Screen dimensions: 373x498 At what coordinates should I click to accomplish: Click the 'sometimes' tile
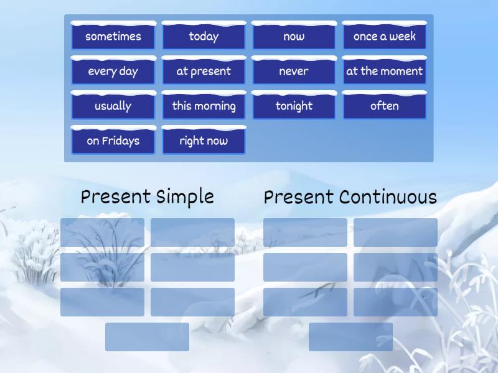[x=113, y=36]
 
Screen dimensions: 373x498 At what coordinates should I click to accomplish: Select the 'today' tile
[x=204, y=36]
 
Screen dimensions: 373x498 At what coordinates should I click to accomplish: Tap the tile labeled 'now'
[x=294, y=36]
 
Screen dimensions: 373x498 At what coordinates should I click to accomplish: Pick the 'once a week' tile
[x=384, y=36]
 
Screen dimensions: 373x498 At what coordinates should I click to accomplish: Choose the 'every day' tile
[x=113, y=71]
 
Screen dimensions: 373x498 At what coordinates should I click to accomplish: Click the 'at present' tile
[x=204, y=71]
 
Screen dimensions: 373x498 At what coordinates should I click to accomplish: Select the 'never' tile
[x=294, y=71]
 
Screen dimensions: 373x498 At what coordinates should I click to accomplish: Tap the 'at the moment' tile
[x=384, y=71]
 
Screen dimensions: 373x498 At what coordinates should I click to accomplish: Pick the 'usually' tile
[x=113, y=106]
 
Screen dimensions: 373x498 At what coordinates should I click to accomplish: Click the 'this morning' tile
[x=204, y=106]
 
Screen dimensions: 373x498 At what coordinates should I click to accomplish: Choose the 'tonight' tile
[x=294, y=106]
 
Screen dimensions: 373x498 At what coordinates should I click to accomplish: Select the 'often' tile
[x=384, y=106]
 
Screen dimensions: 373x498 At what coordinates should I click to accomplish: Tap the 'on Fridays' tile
[x=113, y=140]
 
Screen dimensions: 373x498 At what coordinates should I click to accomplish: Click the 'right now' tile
[x=204, y=140]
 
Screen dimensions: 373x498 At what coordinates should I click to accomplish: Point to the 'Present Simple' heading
[x=148, y=197]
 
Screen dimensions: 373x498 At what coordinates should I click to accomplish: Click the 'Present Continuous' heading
[x=350, y=197]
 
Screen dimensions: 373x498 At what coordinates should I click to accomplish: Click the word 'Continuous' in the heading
[x=388, y=197]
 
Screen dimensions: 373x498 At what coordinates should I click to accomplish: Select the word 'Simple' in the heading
[x=185, y=197]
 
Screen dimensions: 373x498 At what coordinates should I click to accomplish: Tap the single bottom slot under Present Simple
[x=147, y=337]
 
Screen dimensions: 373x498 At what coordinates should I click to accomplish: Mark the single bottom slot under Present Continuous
[x=350, y=337]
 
